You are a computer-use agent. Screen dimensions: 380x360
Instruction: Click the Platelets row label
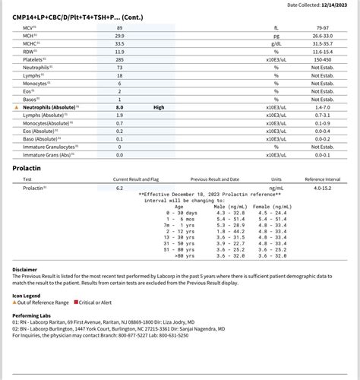click(x=34, y=59)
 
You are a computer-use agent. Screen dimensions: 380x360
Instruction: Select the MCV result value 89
click(x=119, y=27)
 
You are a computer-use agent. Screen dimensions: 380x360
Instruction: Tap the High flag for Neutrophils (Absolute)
click(x=159, y=107)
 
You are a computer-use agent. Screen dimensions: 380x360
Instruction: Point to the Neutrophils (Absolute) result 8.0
click(x=119, y=107)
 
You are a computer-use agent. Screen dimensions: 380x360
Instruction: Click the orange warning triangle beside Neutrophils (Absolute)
click(x=17, y=107)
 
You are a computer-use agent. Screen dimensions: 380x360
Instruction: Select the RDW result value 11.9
click(x=119, y=51)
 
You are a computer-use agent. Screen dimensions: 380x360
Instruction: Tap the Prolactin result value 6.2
click(x=119, y=187)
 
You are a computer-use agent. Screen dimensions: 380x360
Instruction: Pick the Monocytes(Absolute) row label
click(x=46, y=123)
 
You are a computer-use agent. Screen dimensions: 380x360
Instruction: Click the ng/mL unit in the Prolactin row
click(x=276, y=187)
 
